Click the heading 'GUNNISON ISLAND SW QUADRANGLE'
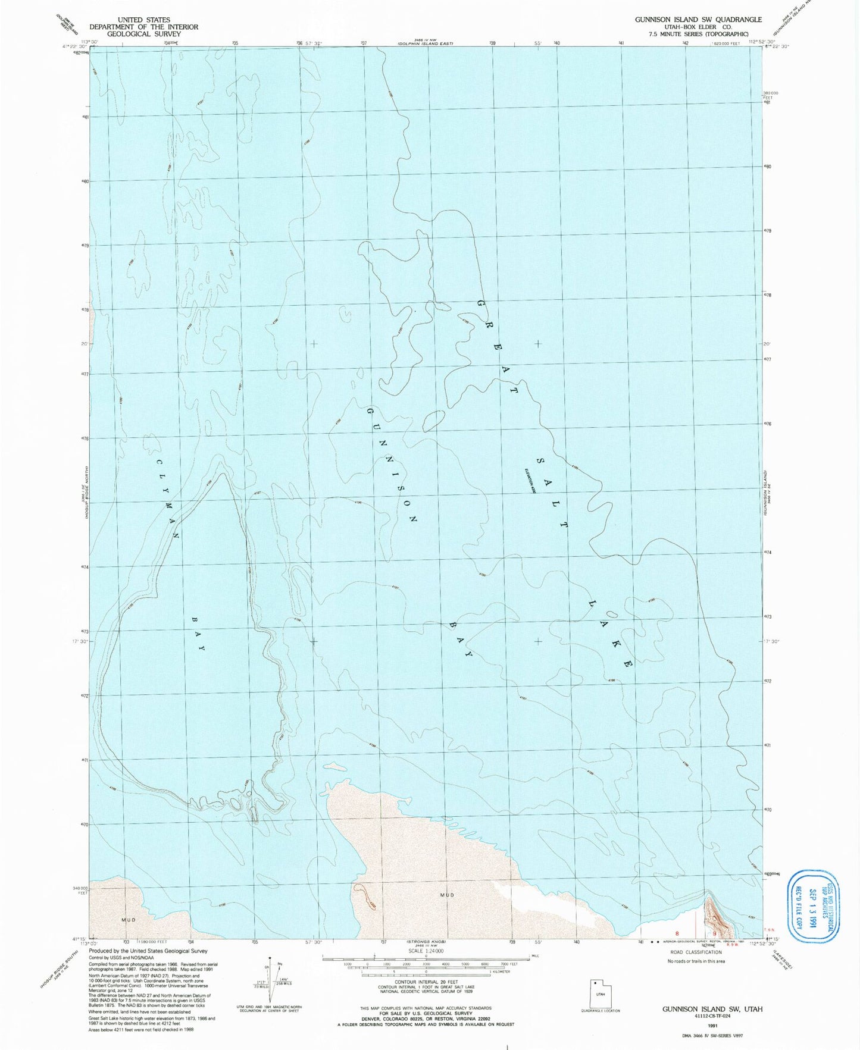[x=698, y=20]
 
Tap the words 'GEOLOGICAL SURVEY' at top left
[x=143, y=34]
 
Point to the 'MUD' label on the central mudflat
[x=447, y=895]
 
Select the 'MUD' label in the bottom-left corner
[x=128, y=920]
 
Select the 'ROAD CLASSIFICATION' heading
[x=695, y=952]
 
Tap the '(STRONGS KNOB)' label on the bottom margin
[x=424, y=942]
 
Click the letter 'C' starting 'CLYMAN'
[x=159, y=463]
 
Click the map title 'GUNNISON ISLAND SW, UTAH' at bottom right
[x=712, y=1009]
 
